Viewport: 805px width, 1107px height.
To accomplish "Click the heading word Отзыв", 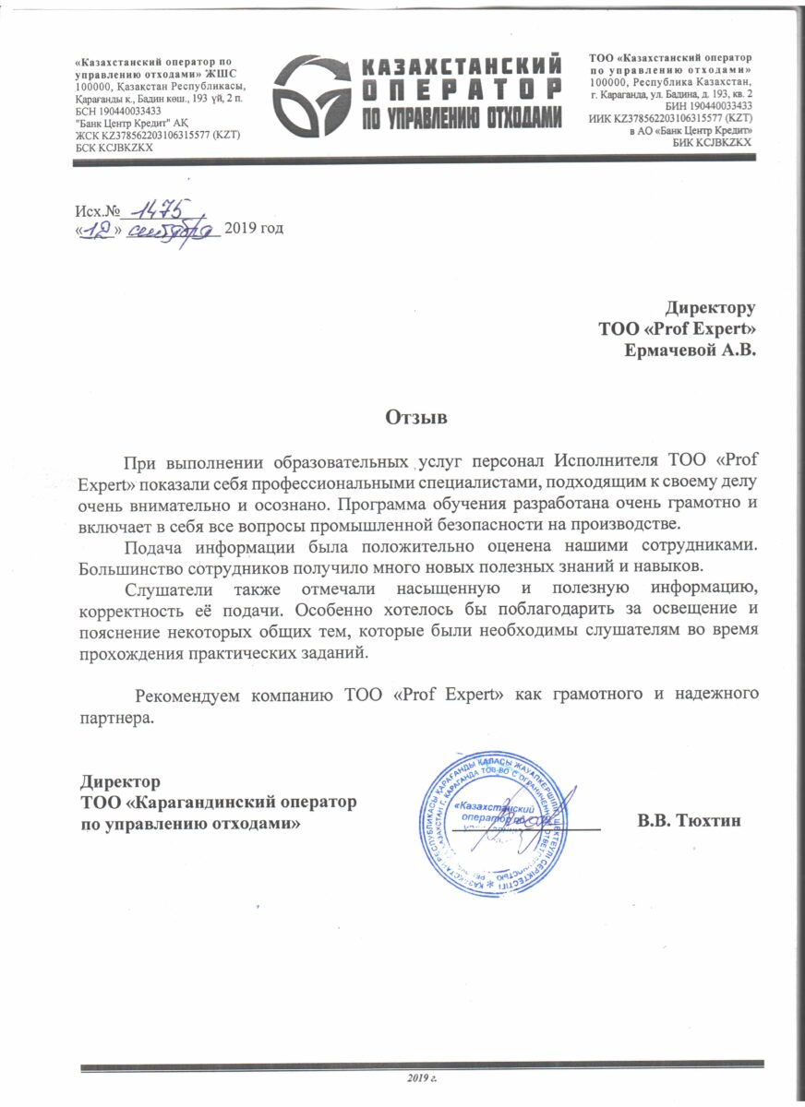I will pos(415,417).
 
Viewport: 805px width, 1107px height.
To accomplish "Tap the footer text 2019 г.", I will pos(422,1077).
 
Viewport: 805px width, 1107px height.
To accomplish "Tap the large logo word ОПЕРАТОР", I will pos(460,89).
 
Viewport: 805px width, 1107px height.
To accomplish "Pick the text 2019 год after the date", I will pos(254,227).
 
